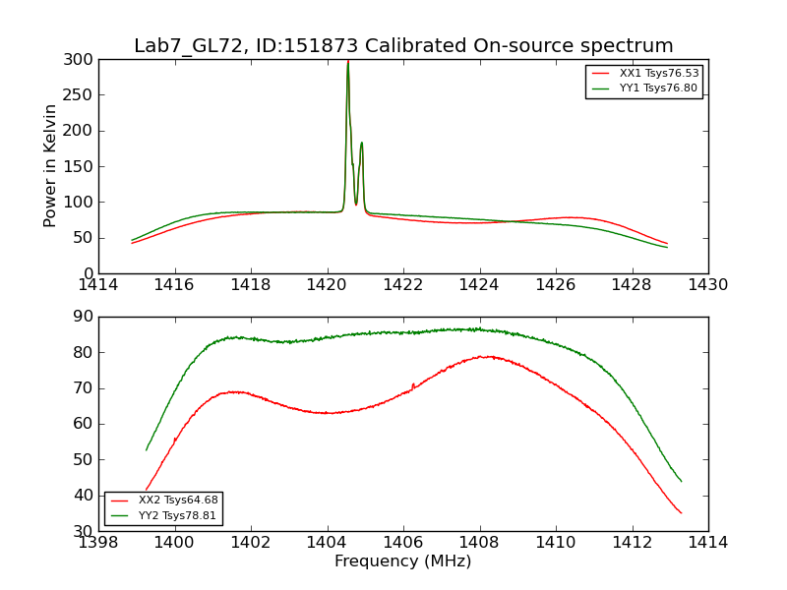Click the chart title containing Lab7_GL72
(x=403, y=46)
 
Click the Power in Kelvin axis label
(x=50, y=166)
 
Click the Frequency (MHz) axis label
(x=403, y=561)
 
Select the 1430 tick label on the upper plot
(x=708, y=285)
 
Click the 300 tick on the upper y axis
(x=82, y=60)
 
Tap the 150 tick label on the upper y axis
(x=82, y=166)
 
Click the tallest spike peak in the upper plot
(x=347, y=62)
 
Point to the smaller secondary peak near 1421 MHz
(x=361, y=143)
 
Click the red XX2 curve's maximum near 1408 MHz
(x=482, y=356)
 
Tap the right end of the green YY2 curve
(x=682, y=482)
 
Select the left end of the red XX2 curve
(x=147, y=490)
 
